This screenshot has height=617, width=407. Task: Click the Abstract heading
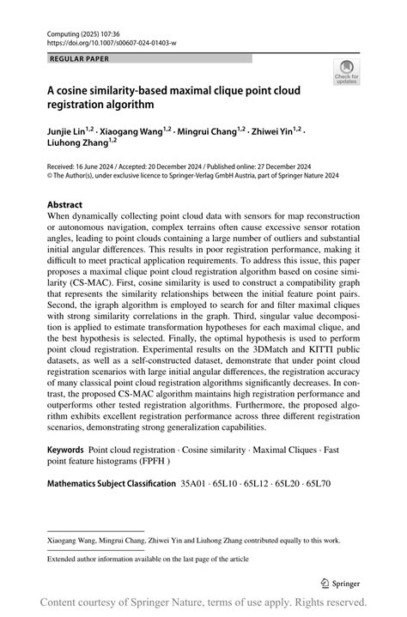65,204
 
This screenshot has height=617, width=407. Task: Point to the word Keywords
65,450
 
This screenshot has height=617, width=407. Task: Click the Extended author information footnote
148,558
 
